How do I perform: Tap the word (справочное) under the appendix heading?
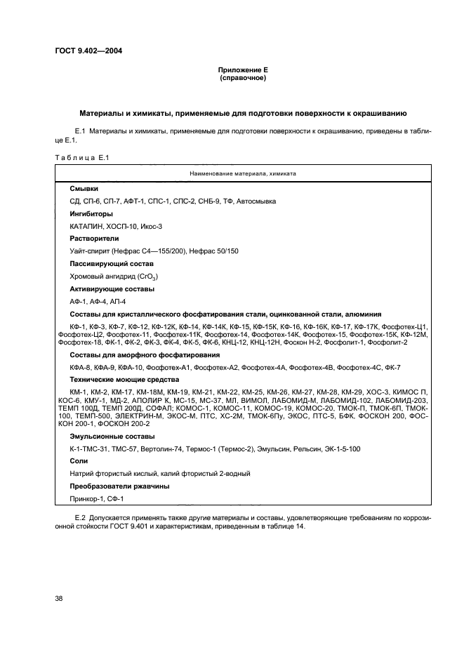click(x=242, y=79)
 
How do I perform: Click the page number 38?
click(x=58, y=598)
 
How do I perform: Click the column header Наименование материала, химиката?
click(x=242, y=172)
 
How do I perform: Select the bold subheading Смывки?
click(x=84, y=190)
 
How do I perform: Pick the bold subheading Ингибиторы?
click(x=91, y=213)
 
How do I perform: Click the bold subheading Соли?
click(x=79, y=461)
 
